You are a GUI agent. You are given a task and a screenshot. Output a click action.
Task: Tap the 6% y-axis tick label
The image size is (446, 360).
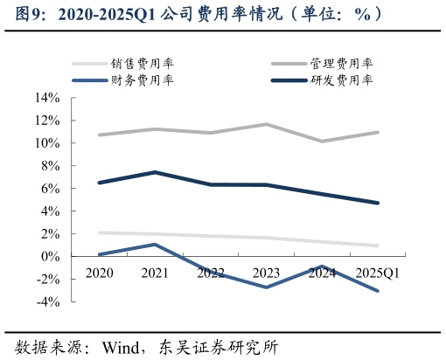(50, 189)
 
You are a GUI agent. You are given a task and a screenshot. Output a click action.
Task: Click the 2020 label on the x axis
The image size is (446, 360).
(99, 273)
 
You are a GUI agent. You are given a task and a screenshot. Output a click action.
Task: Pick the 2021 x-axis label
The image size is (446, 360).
(155, 273)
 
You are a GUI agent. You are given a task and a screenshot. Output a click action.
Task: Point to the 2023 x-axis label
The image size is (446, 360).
(266, 273)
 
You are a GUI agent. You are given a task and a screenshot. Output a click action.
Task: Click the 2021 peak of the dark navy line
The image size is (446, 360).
(155, 172)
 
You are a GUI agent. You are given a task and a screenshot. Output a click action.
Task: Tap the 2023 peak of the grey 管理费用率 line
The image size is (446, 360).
(266, 124)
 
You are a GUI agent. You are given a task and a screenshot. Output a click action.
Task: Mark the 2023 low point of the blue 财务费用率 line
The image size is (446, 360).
(266, 287)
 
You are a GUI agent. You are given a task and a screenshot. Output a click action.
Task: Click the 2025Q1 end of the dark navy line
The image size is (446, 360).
(378, 203)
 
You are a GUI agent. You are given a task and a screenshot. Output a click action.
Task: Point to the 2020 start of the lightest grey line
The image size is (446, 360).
(99, 232)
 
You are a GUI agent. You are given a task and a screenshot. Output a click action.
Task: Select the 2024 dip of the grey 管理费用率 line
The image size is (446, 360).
(322, 141)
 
